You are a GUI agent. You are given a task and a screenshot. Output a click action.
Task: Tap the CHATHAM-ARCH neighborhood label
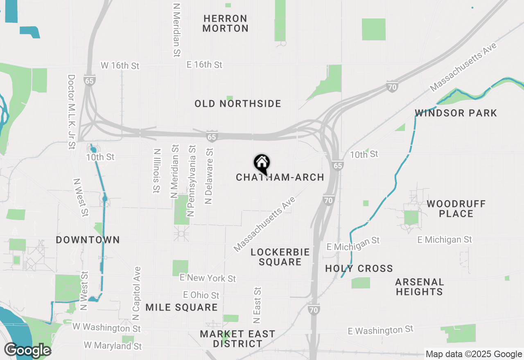click(280, 178)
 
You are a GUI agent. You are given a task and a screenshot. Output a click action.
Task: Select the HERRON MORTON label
click(225, 24)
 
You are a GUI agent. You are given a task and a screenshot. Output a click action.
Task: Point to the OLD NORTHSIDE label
click(238, 104)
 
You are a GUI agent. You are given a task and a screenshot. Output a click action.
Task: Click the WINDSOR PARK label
click(456, 113)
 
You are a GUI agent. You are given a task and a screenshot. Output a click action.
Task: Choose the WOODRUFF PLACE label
click(456, 209)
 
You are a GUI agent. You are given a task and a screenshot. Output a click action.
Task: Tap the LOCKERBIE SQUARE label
click(280, 257)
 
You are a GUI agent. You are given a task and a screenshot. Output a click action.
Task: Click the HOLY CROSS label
click(359, 269)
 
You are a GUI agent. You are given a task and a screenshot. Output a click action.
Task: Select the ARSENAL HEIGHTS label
click(420, 287)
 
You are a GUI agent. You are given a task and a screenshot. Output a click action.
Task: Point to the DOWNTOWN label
click(88, 240)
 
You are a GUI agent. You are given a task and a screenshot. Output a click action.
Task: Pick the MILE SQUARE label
click(181, 308)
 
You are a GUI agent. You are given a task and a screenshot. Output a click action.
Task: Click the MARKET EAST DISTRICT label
click(237, 339)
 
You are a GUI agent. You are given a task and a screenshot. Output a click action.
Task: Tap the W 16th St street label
click(120, 65)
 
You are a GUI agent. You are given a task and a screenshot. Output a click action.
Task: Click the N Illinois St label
click(156, 170)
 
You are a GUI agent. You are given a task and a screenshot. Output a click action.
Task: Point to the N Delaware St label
click(210, 176)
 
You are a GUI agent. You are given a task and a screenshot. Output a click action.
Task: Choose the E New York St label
click(208, 278)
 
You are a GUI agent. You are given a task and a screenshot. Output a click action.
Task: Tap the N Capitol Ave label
click(137, 294)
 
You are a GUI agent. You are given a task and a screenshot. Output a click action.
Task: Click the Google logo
click(27, 351)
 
